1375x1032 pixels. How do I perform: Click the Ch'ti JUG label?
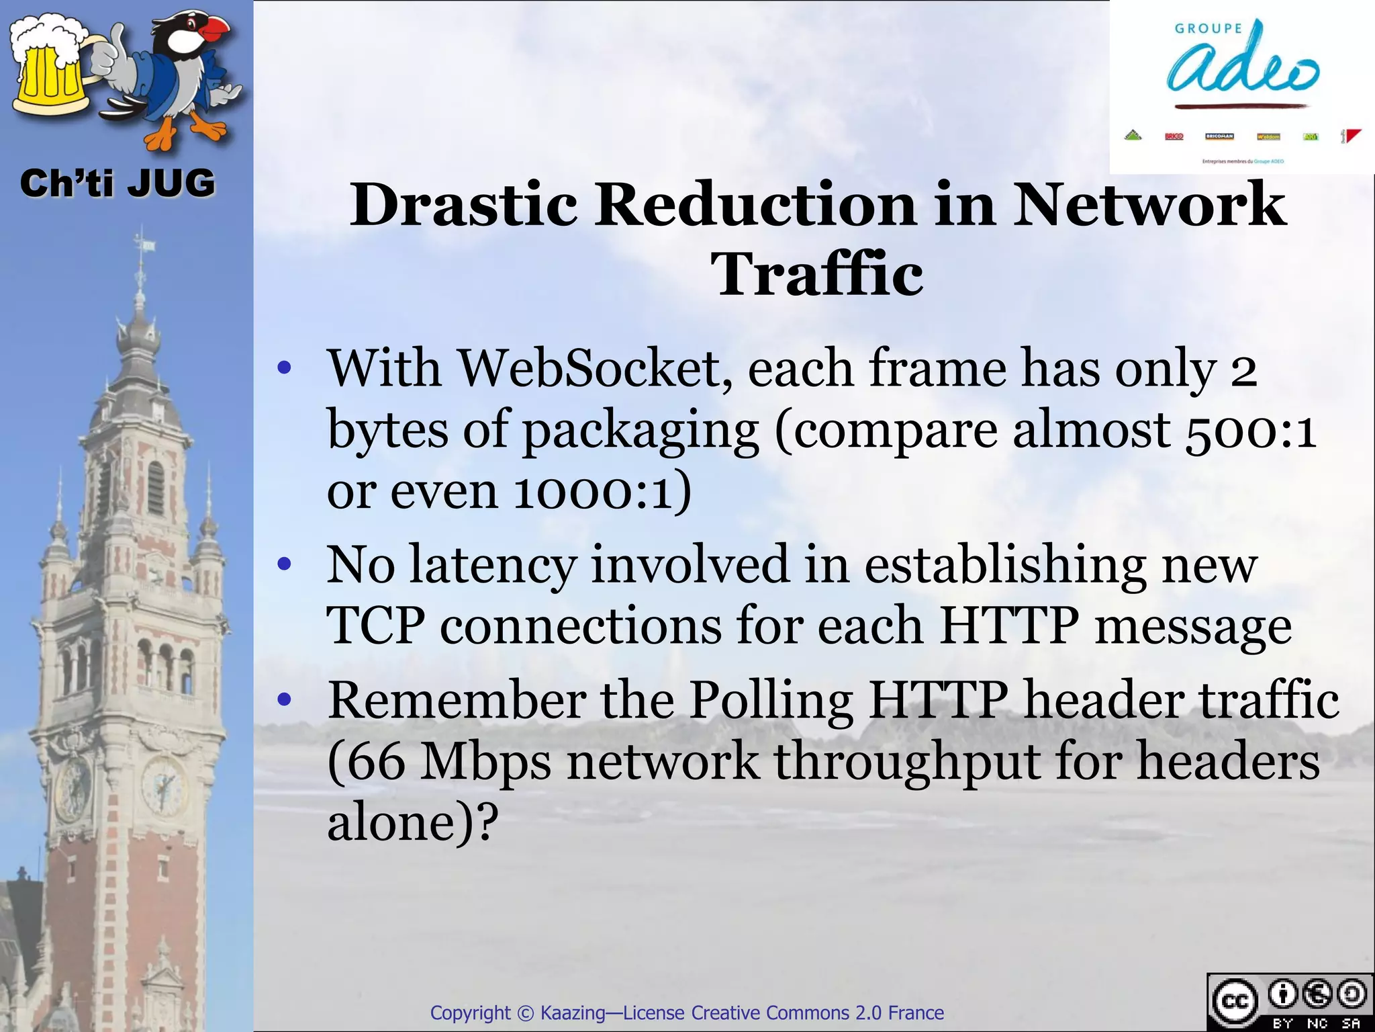pos(117,183)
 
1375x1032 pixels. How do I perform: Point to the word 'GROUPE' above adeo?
pos(1208,28)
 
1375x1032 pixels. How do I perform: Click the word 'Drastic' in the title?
pos(463,204)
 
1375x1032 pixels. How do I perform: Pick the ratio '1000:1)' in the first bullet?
pos(602,491)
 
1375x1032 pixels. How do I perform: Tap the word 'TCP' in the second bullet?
pos(375,626)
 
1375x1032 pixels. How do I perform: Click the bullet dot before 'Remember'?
pos(285,701)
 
